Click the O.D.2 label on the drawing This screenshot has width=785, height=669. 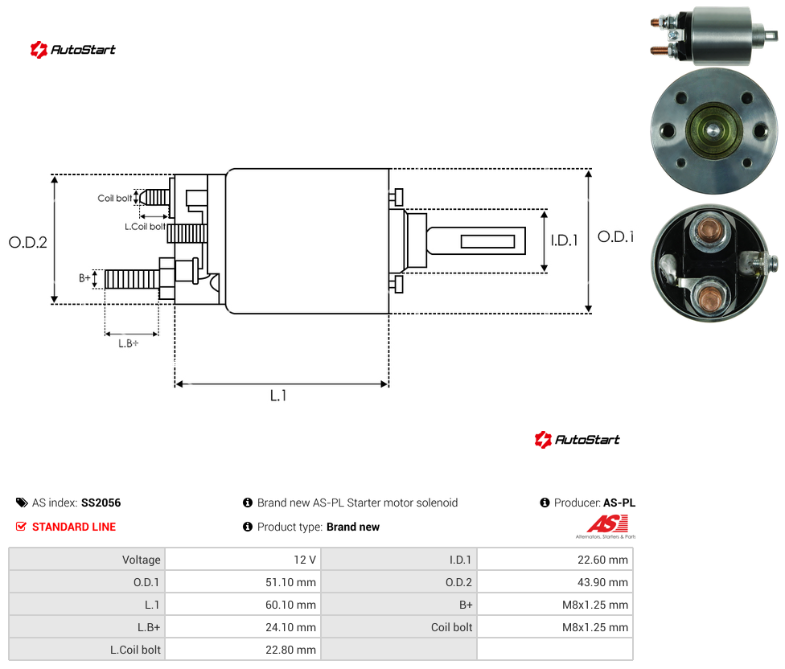28,242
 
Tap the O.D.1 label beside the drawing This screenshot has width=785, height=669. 616,236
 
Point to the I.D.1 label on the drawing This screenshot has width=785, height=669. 565,240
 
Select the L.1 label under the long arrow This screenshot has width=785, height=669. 278,396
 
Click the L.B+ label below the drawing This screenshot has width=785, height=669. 129,343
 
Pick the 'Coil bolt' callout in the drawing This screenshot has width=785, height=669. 115,198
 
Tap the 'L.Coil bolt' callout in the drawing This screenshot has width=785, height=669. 146,227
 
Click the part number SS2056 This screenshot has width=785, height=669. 101,503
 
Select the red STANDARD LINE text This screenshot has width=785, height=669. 74,527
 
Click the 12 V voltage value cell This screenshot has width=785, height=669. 305,560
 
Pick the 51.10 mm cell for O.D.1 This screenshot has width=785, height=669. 291,582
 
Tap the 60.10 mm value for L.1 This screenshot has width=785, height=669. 291,605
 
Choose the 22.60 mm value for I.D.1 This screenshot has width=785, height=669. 602,560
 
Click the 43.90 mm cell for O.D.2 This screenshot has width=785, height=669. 602,582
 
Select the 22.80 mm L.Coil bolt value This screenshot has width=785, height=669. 291,650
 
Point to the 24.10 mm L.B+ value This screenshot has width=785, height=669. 291,627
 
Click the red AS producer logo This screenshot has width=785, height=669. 606,527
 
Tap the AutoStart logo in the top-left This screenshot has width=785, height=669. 73,50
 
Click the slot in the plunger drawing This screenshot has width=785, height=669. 487,242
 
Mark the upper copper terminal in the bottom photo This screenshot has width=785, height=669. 706,231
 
